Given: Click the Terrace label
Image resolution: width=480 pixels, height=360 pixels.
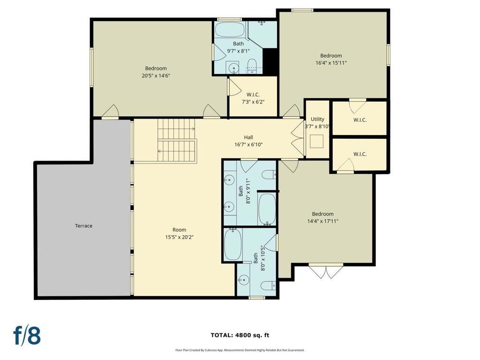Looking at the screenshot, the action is tap(83, 226).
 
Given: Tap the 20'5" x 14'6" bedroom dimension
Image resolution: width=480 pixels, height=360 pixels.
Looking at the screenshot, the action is tap(156, 75).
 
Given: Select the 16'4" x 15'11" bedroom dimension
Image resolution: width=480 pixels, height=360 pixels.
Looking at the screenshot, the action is tap(331, 63).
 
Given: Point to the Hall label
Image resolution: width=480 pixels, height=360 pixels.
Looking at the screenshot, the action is tap(248, 137).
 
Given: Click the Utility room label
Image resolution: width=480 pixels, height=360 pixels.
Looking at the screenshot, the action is tap(317, 119).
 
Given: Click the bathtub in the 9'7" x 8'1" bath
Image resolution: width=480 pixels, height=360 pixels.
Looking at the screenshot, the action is tap(230, 30).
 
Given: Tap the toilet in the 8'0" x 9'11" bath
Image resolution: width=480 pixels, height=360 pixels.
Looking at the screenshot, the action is tap(269, 174).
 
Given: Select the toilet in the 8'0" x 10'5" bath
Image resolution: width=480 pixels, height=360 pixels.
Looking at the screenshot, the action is tap(268, 285).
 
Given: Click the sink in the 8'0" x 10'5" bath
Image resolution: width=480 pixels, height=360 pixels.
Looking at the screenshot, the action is tap(244, 280).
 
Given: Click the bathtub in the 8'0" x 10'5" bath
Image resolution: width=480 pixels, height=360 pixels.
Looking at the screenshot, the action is tap(233, 244).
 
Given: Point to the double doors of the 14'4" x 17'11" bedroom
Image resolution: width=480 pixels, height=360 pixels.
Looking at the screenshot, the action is tap(326, 271).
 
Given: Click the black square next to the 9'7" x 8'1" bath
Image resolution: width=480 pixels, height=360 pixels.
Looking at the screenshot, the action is tap(270, 61).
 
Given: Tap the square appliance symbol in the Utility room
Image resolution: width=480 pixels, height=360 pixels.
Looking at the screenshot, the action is tap(317, 142).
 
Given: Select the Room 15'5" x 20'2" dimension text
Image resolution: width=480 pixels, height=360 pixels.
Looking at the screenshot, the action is tap(179, 237).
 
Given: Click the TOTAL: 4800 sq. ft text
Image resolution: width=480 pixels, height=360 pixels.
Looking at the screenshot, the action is tap(240, 335).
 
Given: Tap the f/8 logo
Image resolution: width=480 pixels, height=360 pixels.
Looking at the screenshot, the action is tap(27, 336).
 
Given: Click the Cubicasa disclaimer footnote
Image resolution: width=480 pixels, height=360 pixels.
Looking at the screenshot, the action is tap(240, 350).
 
